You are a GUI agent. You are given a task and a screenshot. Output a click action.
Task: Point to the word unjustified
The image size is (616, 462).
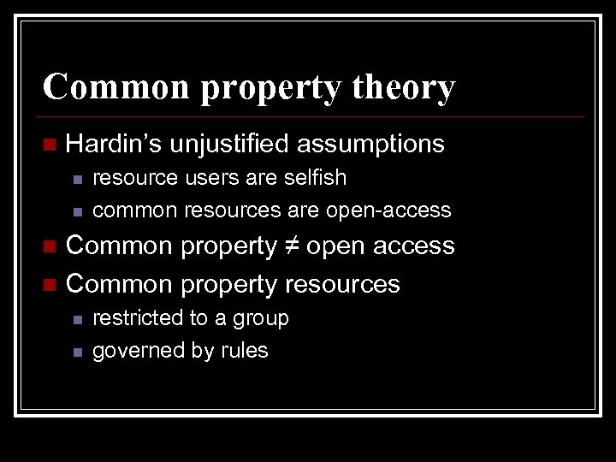[228, 144]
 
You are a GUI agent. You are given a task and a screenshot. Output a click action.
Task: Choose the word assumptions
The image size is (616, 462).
[370, 144]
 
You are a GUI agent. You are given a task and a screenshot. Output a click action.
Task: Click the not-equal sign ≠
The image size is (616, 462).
[291, 246]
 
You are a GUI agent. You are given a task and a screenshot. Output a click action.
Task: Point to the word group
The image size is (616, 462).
[260, 319]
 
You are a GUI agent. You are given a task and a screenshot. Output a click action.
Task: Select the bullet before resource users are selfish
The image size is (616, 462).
[76, 179]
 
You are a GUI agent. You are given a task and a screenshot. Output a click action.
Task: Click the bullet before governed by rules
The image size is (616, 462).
[76, 352]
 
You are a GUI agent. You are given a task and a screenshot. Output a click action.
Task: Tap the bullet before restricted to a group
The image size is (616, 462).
[76, 319]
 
